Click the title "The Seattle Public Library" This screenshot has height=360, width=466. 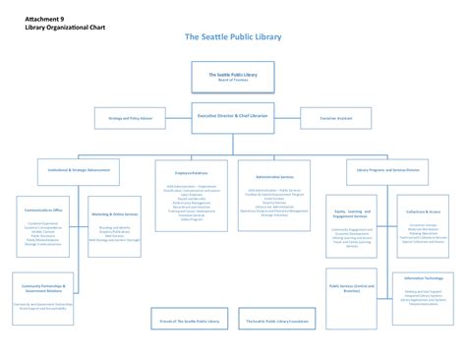click(x=232, y=37)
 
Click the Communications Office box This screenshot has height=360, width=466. click(x=44, y=226)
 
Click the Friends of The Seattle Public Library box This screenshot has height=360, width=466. click(x=191, y=321)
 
